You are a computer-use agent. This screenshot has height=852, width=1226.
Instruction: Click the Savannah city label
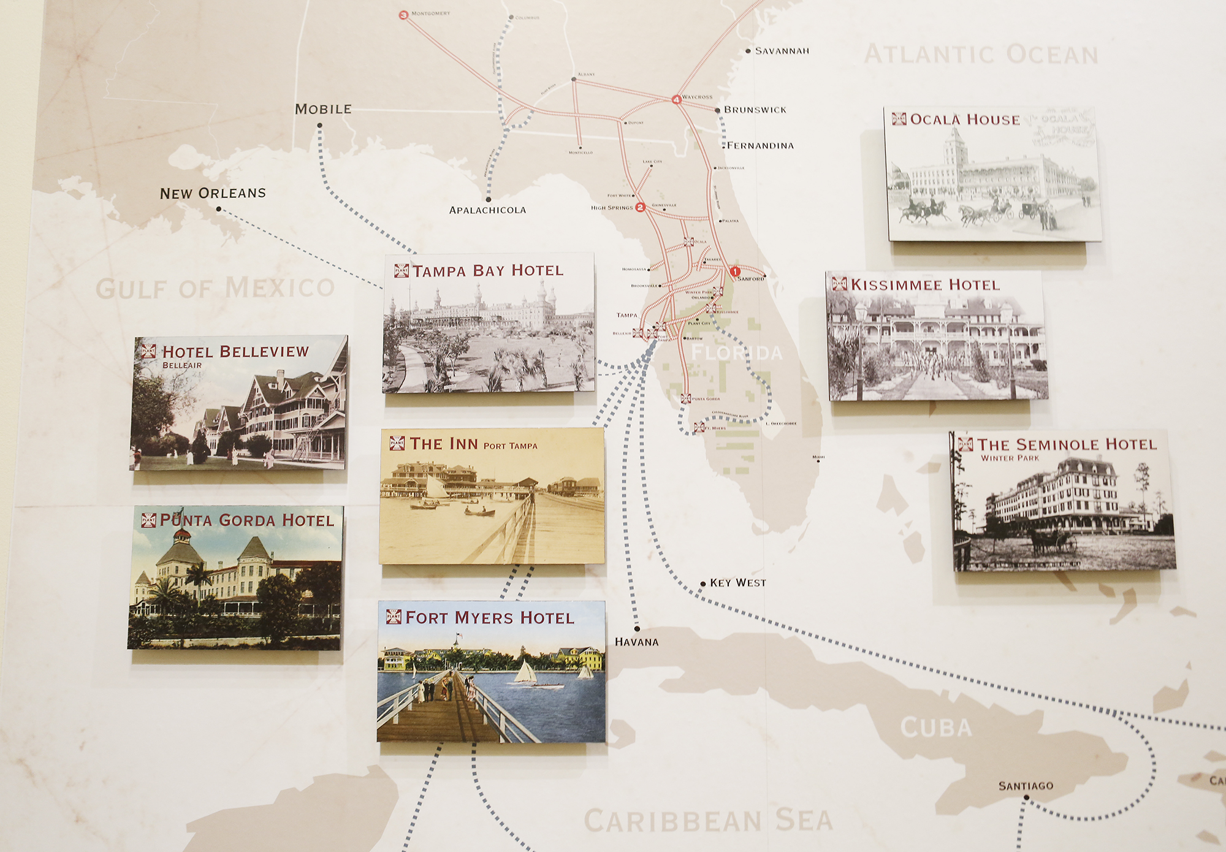pos(782,51)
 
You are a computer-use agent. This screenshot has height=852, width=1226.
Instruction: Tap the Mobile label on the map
pos(323,109)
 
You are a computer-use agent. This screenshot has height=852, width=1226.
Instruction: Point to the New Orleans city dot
pos(219,209)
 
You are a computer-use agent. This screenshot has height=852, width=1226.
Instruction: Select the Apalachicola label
pos(487,210)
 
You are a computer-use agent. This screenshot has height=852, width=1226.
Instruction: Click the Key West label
pos(737,583)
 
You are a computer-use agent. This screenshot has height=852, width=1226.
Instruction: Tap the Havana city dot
pos(637,629)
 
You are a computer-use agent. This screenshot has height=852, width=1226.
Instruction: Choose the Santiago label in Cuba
pos(1026,786)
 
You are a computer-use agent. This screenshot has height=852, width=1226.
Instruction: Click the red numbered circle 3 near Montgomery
pos(403,15)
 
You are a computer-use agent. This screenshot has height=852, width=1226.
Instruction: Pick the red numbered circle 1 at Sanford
pos(735,271)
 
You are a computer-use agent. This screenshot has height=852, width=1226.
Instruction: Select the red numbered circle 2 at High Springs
pos(640,207)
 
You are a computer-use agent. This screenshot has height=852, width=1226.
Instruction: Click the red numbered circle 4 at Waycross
pos(676,99)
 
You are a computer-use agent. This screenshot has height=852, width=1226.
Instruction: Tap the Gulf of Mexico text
pos(215,288)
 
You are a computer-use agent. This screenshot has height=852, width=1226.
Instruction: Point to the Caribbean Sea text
pos(708,821)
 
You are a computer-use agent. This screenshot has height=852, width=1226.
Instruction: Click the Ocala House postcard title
pos(965,120)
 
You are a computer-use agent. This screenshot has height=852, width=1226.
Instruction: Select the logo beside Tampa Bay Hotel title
pos(402,270)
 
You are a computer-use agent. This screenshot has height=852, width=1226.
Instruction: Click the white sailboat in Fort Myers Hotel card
pos(525,672)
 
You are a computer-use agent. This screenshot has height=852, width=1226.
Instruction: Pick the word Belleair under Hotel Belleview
pos(182,365)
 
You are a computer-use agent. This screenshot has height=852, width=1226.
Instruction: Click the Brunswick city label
pos(755,110)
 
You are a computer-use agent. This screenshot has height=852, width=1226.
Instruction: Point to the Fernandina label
pos(760,146)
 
